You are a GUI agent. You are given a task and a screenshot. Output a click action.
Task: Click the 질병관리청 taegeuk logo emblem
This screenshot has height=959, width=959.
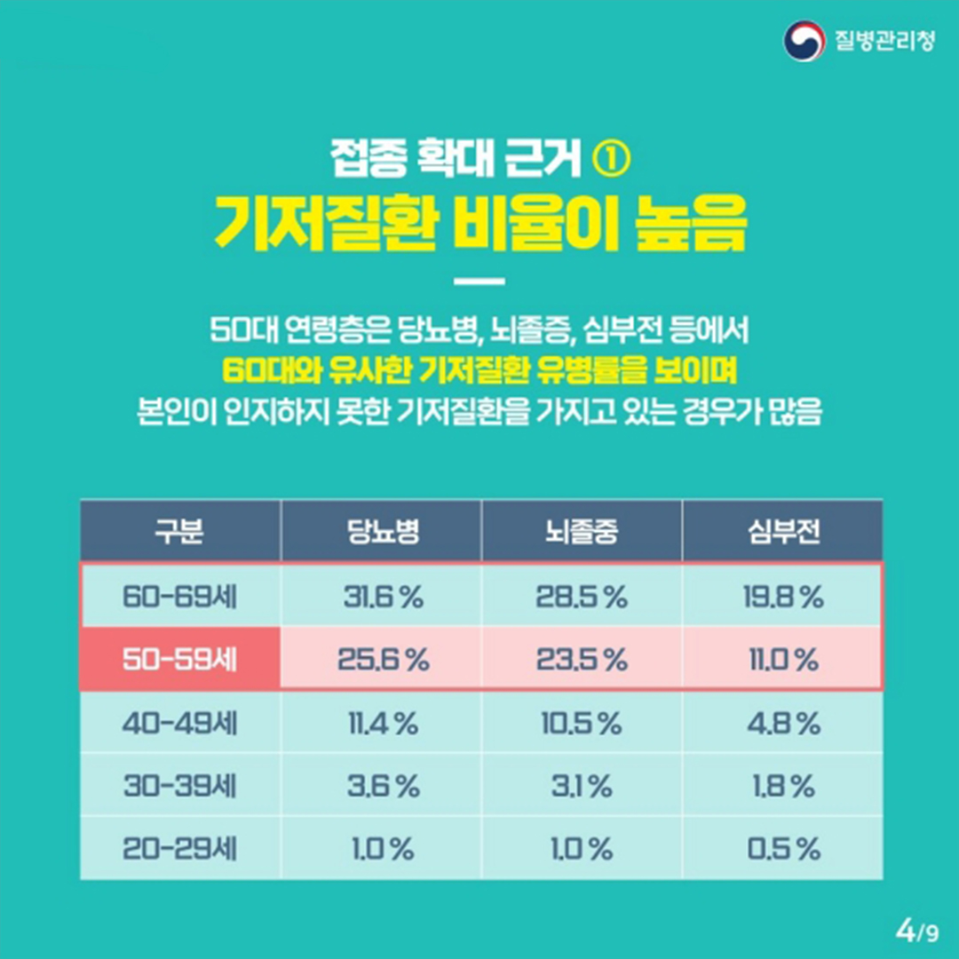pos(804,41)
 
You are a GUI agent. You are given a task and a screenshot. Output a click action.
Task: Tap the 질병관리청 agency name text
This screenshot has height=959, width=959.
pos(885,41)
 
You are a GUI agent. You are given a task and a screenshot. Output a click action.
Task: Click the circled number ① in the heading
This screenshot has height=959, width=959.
pos(611,160)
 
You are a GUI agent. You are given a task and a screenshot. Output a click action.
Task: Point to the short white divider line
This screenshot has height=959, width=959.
pos(479,282)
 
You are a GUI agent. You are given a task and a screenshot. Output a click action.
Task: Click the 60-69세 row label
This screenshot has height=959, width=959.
pos(179,597)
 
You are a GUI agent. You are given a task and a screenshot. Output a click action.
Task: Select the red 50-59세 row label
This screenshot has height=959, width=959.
pos(179,659)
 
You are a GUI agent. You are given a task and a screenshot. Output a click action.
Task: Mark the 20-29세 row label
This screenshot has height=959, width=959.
pos(179,849)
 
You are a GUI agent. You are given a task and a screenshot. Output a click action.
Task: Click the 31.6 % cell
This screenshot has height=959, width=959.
pos(384,597)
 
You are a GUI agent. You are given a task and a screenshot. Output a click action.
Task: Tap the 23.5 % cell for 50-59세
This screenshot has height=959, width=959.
pos(582,660)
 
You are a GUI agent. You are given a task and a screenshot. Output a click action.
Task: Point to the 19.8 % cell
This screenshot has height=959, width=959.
pos(783,597)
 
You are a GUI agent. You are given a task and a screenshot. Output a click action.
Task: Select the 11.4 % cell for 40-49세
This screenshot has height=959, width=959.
pos(384,725)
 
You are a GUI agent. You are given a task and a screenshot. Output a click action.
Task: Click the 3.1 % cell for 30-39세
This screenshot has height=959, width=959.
pos(582,787)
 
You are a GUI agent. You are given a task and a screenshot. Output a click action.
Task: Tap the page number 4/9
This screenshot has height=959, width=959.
pos(916,932)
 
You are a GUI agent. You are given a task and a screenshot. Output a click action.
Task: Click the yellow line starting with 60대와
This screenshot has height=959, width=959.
pos(479,370)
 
